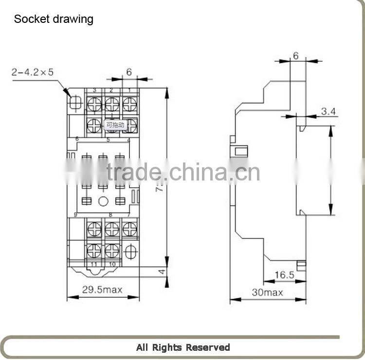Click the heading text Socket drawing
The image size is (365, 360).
pos(54,19)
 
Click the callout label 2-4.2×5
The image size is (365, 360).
pos(33,72)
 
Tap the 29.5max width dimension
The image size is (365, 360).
pos(102,290)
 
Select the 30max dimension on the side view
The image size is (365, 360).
pos(267,292)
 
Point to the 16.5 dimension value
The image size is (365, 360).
pos(284,275)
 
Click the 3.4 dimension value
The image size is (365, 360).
pos(328,112)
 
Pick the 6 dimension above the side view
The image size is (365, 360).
pos(295,56)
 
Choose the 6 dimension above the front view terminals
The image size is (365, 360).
pos(129,72)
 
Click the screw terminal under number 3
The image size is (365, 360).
pos(94,104)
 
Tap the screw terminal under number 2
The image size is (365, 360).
pos(112,104)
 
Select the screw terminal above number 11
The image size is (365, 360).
pos(94,251)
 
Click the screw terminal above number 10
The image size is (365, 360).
pos(112,251)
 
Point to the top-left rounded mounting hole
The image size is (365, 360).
pos(75,102)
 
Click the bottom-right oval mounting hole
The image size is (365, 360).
pos(130,252)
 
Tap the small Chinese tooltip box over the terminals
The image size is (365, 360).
pos(115,125)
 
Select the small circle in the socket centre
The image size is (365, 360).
pos(103,201)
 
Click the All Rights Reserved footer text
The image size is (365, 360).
pos(183,347)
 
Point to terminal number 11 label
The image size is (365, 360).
pos(94,264)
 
